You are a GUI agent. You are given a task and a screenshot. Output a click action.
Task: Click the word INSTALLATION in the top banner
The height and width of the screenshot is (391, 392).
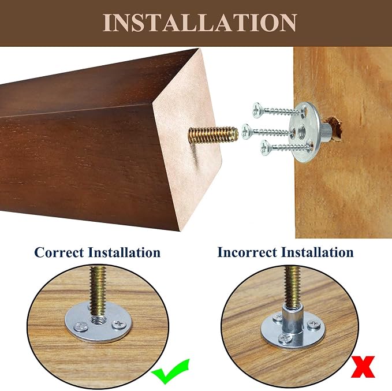pos(200,23)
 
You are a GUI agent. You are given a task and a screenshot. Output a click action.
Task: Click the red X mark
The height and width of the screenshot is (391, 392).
pos(363,367)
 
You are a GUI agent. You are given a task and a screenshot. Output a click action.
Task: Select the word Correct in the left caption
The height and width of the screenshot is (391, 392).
pos(59,252)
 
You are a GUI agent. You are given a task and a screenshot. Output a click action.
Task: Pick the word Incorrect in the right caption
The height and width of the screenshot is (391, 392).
pos(248,252)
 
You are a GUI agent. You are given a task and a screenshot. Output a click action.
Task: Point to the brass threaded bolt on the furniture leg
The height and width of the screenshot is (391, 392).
pos(213,135)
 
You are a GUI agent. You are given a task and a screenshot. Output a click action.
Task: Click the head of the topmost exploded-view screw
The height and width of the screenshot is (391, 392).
pos(257,110)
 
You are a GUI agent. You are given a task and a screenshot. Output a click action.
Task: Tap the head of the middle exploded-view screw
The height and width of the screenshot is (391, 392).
pos(247,131)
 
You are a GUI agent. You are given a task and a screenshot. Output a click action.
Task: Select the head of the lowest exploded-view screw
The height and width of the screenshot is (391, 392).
pos(265,148)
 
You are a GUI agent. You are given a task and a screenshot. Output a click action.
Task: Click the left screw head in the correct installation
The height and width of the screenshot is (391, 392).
pos(81,326)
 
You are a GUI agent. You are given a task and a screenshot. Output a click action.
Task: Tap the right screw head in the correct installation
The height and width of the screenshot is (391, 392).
pos(119,325)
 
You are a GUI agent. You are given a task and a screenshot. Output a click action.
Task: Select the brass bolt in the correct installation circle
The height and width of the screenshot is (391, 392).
pos(98,292)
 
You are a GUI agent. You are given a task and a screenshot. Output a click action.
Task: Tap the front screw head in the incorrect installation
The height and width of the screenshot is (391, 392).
pos(285,338)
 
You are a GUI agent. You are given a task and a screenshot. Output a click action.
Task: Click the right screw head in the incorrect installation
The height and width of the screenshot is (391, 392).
pos(313,324)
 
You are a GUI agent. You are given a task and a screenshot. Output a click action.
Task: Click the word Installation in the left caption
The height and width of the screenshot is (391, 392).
pos(124,252)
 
